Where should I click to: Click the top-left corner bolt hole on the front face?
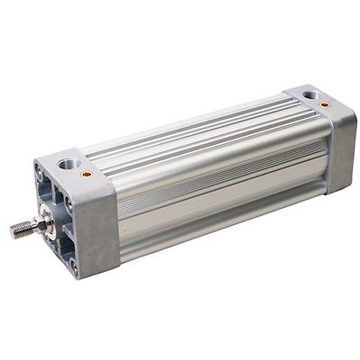[40, 169]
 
